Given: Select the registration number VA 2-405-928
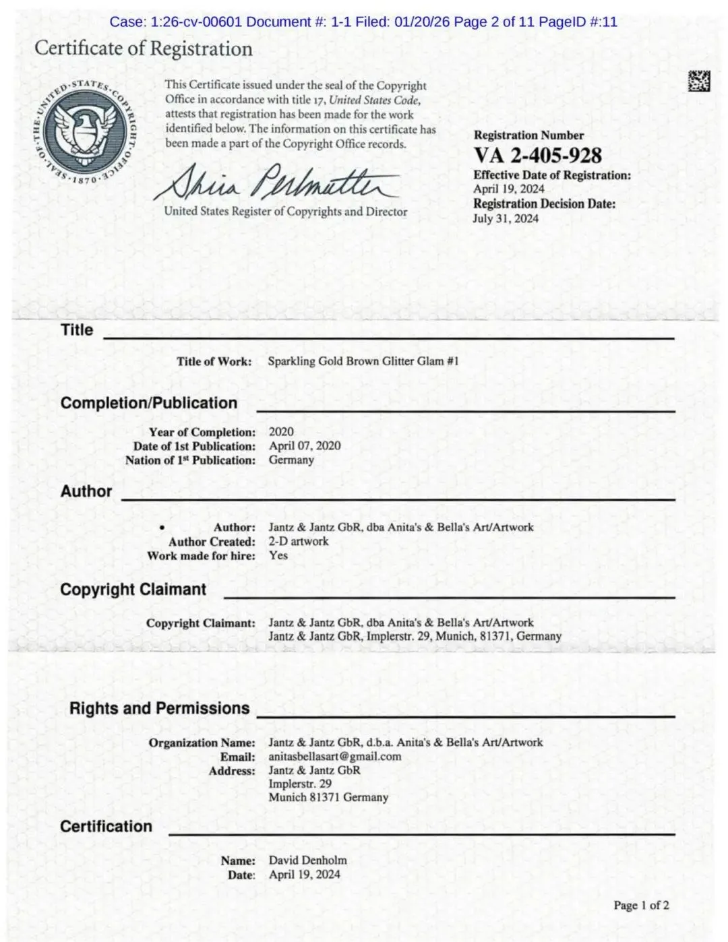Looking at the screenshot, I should [537, 156].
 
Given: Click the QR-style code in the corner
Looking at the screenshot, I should [698, 81].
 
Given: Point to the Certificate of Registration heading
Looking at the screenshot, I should [144, 49].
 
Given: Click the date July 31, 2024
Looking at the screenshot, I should [506, 218].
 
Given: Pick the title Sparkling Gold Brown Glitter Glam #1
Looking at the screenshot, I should [363, 361].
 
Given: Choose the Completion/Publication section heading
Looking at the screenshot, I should [149, 403].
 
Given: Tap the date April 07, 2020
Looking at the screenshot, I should [305, 445].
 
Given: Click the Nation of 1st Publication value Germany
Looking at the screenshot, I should [291, 460].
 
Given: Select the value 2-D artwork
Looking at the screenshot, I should [299, 541].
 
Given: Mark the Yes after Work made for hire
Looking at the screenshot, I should [278, 555].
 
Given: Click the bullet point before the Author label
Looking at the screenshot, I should [162, 528].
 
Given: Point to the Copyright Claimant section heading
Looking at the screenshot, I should [133, 590].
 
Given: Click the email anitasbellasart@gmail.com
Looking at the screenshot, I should [335, 756].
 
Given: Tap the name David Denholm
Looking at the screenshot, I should [308, 860].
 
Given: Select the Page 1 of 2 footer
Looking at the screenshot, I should [641, 905].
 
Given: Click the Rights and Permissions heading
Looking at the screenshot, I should [160, 708].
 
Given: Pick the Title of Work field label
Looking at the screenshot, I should [214, 361].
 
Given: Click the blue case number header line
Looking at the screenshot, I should [363, 22].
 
